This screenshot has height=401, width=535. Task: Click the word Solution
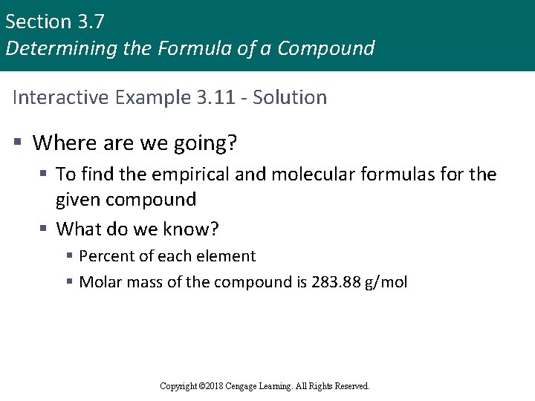point(290,97)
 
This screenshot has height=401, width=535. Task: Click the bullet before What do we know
point(45,229)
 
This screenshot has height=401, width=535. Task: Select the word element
point(226,256)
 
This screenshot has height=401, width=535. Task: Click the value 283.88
point(334,282)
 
